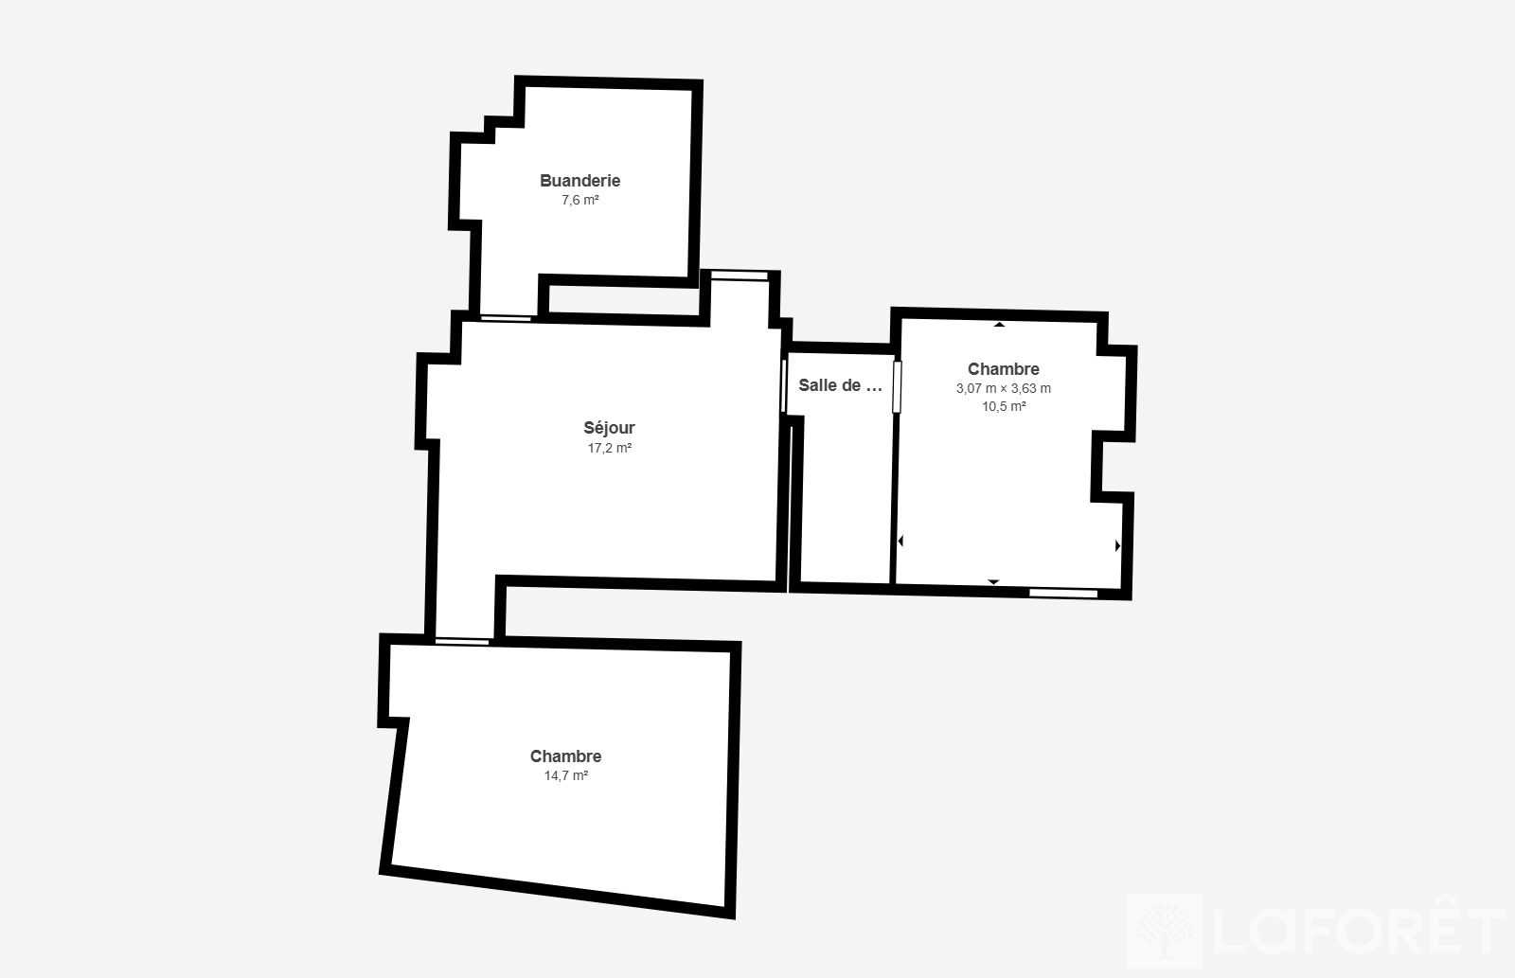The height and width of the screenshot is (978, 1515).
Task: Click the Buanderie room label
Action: pyautogui.click(x=579, y=181)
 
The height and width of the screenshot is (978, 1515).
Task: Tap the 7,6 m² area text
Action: pyautogui.click(x=580, y=200)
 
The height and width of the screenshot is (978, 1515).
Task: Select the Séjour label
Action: pyautogui.click(x=610, y=428)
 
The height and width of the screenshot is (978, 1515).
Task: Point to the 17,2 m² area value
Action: pyautogui.click(x=610, y=448)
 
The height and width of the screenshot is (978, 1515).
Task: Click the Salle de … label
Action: pyautogui.click(x=840, y=385)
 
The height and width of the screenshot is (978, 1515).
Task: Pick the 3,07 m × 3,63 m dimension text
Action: pyautogui.click(x=1003, y=388)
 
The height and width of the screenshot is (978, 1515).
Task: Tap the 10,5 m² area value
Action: pyautogui.click(x=1004, y=406)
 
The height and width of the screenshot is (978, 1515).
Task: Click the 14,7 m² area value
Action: pyautogui.click(x=566, y=775)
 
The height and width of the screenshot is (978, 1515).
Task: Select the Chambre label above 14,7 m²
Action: pyautogui.click(x=565, y=756)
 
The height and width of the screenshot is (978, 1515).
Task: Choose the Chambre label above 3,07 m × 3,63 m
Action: pyautogui.click(x=1003, y=369)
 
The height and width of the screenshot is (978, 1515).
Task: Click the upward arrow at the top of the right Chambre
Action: pyautogui.click(x=999, y=325)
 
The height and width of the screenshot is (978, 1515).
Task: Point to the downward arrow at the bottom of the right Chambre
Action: pyautogui.click(x=993, y=581)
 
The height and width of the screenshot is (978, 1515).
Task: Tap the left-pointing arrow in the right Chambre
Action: pyautogui.click(x=900, y=542)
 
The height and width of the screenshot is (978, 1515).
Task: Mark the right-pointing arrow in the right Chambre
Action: pyautogui.click(x=1117, y=545)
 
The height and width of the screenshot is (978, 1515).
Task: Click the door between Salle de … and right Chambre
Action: pyautogui.click(x=897, y=387)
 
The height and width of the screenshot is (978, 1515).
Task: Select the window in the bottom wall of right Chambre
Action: pyautogui.click(x=1063, y=594)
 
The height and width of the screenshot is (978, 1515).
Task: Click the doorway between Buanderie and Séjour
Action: pyautogui.click(x=506, y=318)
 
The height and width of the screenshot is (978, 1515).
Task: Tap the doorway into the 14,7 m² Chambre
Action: pyautogui.click(x=462, y=641)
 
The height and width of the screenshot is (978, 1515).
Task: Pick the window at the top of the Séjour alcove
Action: pyautogui.click(x=740, y=276)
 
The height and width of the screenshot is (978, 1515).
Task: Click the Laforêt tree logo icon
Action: pyautogui.click(x=1164, y=930)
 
